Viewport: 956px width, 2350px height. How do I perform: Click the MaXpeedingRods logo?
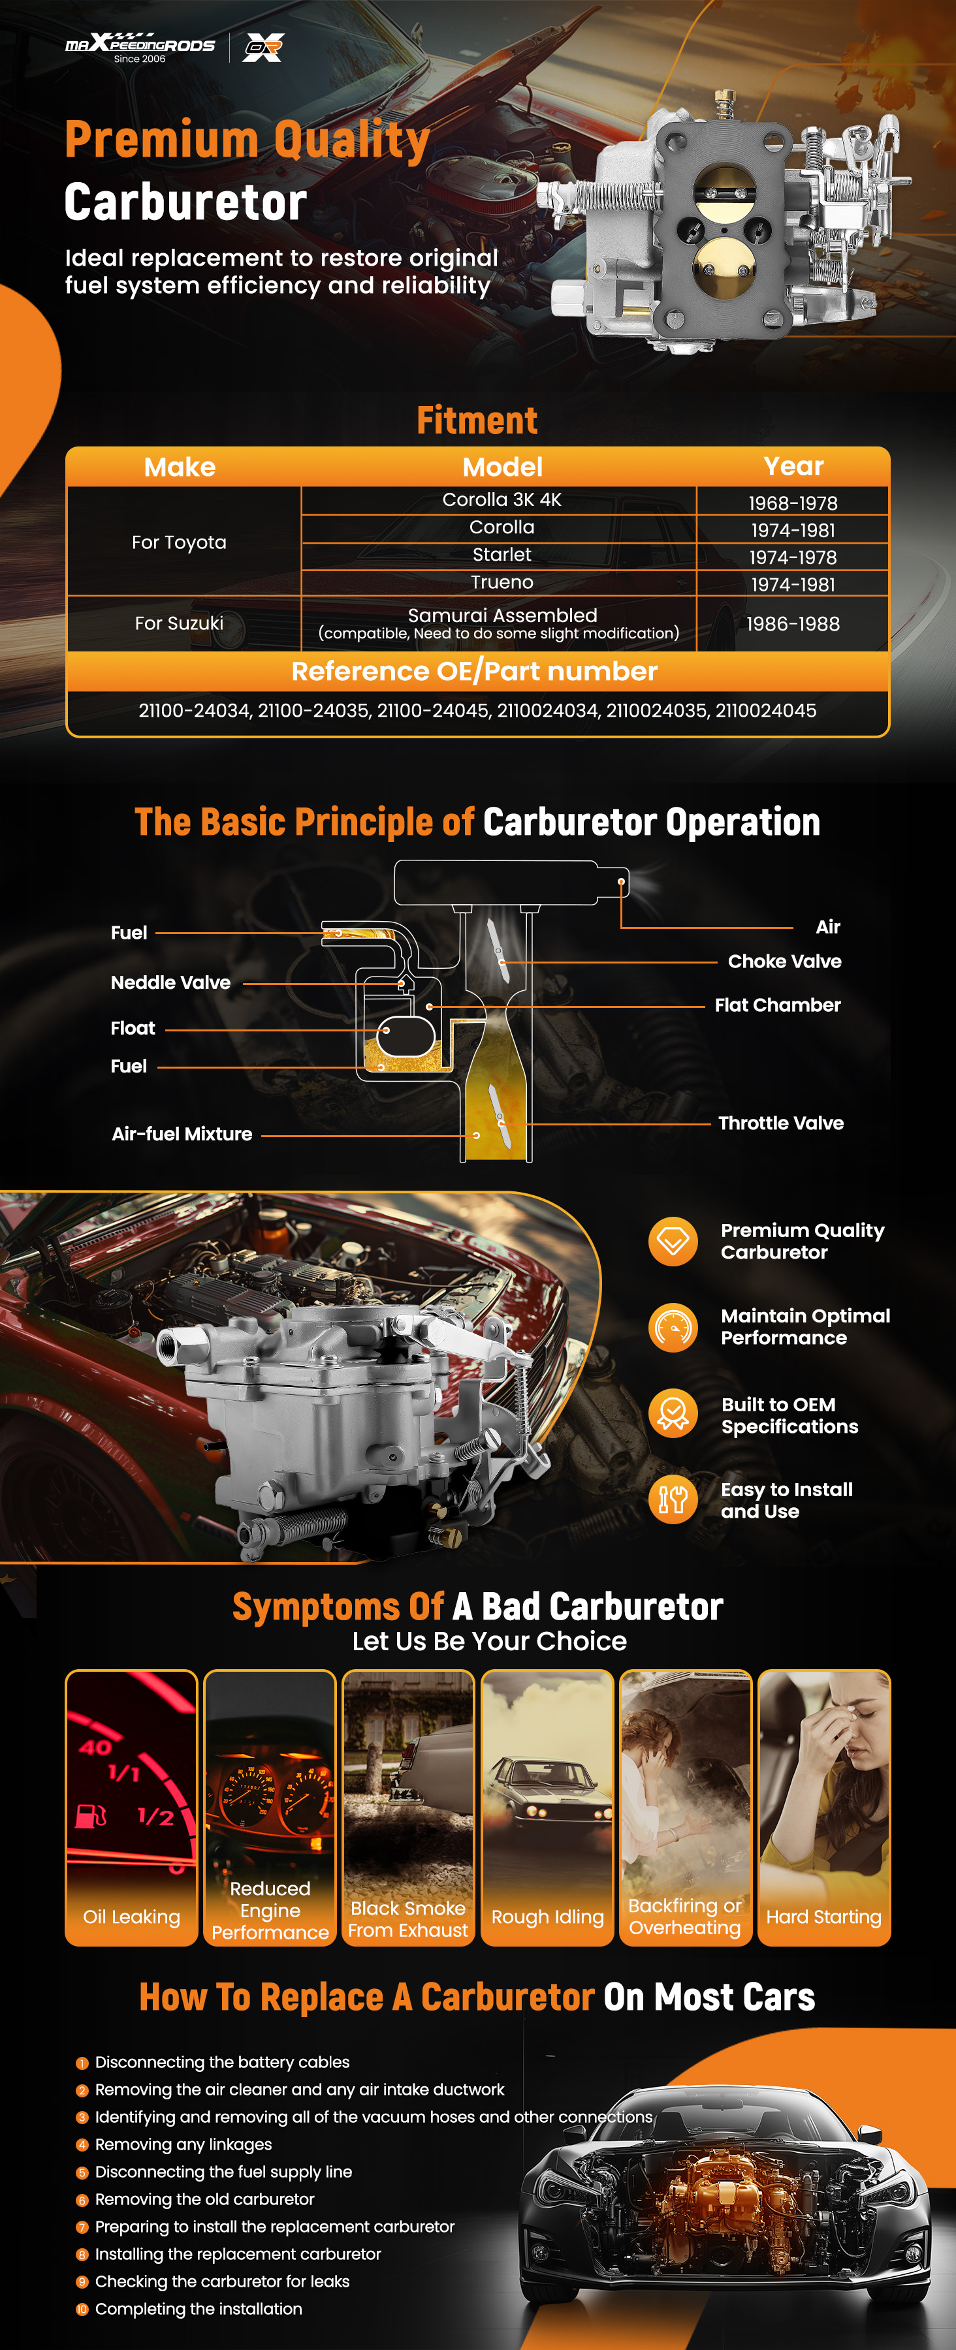point(140,48)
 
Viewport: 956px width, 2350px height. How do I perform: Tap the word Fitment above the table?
point(477,420)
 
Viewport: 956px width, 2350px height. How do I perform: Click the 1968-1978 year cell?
point(793,503)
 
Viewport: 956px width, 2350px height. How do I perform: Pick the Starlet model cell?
point(502,555)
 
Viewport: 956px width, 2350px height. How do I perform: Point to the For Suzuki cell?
point(179,623)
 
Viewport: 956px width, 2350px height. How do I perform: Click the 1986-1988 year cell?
point(793,624)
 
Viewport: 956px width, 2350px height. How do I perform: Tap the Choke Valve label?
point(784,962)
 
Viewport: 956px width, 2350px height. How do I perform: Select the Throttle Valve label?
point(781,1123)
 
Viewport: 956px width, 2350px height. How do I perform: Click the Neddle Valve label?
point(170,982)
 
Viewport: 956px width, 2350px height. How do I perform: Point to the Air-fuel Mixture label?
point(182,1134)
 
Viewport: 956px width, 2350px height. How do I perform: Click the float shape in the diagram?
point(406,1035)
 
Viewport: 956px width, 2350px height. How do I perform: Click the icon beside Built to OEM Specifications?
point(673,1413)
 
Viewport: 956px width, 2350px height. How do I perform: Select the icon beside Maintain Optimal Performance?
point(673,1327)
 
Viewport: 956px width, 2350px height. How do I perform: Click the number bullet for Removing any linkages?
point(82,2145)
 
